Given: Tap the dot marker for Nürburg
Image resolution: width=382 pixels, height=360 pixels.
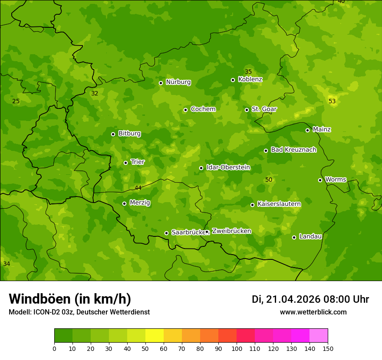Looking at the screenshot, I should coord(161,83).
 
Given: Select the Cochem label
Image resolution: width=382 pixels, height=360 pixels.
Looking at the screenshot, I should coord(203,109).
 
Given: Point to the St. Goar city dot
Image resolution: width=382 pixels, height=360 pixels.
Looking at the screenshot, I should coord(247,110).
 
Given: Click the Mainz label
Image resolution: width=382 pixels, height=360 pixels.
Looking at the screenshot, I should coord(322,129).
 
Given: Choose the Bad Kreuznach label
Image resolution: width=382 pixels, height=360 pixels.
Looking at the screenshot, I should coord(293,150).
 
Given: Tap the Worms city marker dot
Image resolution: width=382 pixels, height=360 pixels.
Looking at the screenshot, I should coord(320,180).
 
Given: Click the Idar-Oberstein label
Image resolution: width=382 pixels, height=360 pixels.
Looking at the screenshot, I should coord(228,167).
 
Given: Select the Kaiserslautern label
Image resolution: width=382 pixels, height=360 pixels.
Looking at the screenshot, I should coord(279,204).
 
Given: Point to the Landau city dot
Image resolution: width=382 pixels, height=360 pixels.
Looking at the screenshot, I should coord(294,237).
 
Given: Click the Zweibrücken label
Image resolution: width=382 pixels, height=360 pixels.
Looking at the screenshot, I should coord(231,231).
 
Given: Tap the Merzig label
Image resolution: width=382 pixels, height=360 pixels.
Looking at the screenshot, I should coord(140,203).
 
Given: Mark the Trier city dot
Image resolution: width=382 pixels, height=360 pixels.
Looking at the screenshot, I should coord(125,163).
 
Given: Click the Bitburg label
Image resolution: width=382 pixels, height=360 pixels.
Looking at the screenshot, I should coord(129,133).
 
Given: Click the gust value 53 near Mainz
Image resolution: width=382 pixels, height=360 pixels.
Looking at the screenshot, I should coord(332,101).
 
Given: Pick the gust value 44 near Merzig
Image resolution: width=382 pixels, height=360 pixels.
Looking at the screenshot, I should coord(138,188).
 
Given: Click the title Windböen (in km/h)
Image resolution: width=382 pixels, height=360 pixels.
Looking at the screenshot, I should coord(70,299).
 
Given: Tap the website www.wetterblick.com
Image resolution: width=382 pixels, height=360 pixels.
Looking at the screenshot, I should coord(313,312).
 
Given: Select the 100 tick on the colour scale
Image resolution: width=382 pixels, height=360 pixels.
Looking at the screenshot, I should coord(237,348).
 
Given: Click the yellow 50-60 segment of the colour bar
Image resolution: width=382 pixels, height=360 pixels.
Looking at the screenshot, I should coord(155,336).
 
